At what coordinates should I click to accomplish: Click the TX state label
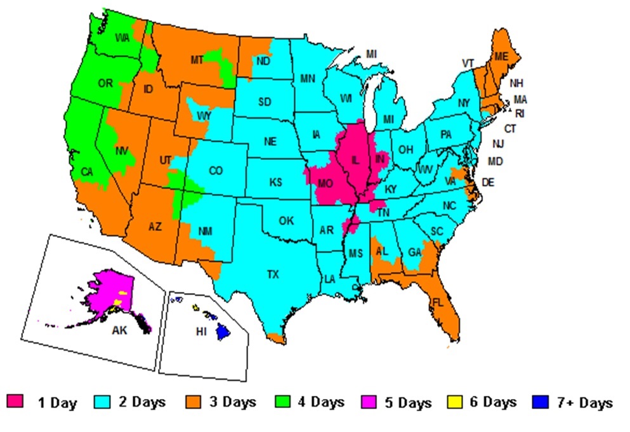(x=273, y=274)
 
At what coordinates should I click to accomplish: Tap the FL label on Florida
(x=437, y=303)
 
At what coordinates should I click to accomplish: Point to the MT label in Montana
(x=197, y=60)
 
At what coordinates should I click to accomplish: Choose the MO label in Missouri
(x=325, y=183)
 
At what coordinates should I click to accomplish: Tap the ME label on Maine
(x=502, y=56)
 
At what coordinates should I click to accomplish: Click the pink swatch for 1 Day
(x=15, y=402)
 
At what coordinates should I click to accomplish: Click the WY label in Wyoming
(x=204, y=116)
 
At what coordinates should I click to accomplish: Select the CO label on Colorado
(x=216, y=170)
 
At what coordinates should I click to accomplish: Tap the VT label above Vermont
(x=468, y=63)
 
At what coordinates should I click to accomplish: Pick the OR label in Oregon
(x=105, y=82)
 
